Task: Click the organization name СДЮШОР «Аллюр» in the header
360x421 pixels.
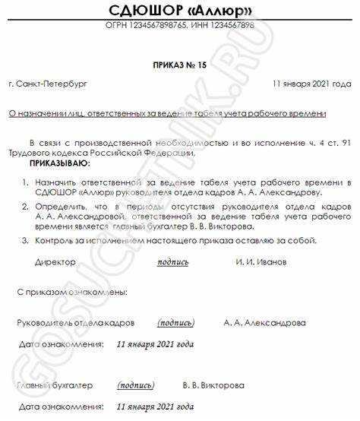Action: [179, 11]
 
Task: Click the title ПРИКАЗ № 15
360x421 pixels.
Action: [179, 66]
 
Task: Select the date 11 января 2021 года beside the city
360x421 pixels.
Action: [311, 84]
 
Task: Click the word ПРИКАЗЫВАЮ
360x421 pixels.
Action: [58, 163]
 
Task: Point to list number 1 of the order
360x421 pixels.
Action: [24, 182]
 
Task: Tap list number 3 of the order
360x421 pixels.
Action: [24, 241]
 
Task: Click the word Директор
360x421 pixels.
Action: [55, 262]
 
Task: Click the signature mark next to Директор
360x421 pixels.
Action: [172, 262]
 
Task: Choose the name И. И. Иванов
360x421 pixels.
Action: [261, 262]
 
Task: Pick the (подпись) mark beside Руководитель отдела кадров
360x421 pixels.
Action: [176, 322]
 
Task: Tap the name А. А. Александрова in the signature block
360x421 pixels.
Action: [265, 322]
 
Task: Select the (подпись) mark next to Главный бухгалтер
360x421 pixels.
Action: [137, 385]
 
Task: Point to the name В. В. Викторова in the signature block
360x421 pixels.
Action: [213, 385]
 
